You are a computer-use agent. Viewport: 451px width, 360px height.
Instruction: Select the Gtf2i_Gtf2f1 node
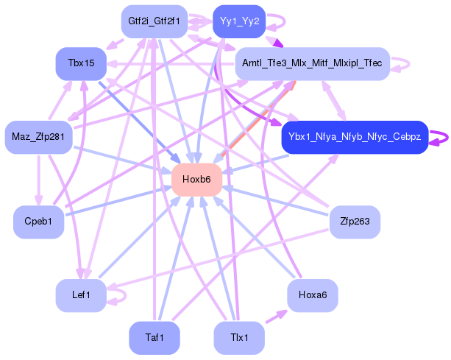point(155,21)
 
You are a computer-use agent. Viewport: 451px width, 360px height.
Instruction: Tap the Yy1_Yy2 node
point(239,21)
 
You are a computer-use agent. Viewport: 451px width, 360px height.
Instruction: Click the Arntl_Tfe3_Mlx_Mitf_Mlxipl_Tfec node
point(311,64)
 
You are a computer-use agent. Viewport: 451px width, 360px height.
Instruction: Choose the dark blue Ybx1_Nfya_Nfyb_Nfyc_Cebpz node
point(354,137)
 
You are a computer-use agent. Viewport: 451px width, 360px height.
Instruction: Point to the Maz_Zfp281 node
point(38,137)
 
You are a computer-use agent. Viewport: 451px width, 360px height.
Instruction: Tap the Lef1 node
point(81,295)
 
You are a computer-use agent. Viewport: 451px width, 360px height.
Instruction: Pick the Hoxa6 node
point(312,295)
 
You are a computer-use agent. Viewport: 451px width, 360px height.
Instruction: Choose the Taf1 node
point(155,338)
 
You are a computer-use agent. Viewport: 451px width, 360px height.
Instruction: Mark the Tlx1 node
point(239,338)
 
